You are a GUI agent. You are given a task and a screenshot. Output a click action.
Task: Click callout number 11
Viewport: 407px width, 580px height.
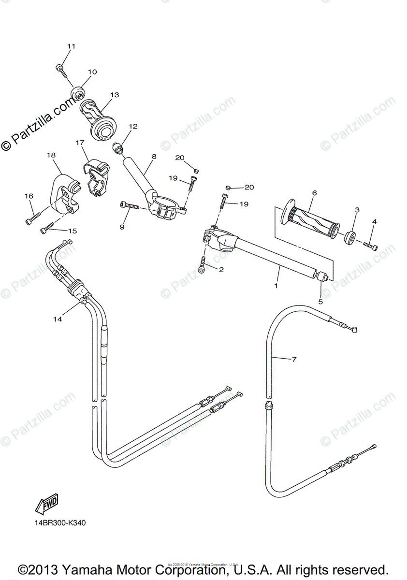click(72, 46)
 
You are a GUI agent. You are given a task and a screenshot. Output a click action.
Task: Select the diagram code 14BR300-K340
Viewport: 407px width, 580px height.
click(60, 523)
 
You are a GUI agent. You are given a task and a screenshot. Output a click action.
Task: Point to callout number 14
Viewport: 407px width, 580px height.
click(58, 319)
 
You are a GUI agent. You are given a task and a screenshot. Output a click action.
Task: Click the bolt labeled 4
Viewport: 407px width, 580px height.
click(370, 246)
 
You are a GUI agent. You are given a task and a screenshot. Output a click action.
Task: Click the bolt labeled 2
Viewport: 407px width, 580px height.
click(203, 265)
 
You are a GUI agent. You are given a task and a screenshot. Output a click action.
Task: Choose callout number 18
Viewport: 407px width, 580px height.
click(51, 155)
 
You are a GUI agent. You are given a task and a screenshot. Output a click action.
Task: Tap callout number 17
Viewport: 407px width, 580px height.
click(80, 143)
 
